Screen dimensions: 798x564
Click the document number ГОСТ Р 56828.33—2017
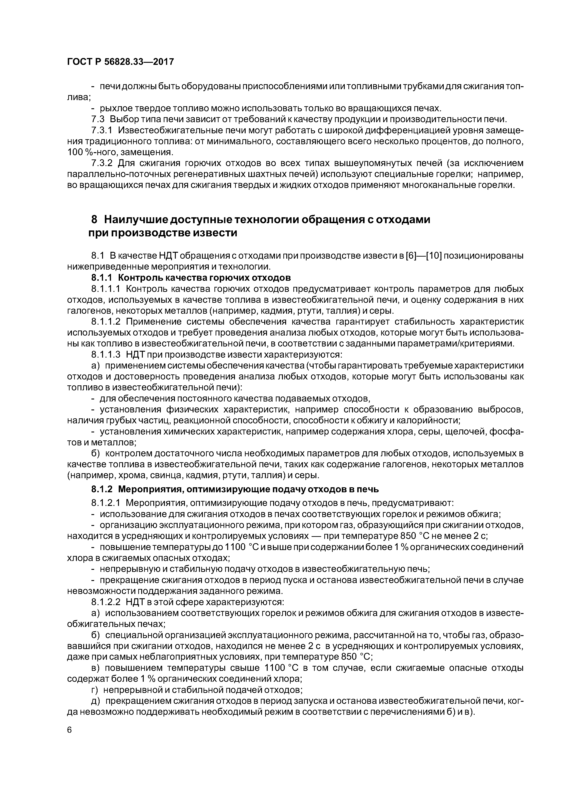tap(120, 62)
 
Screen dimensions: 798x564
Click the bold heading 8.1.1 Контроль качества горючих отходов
tap(191, 278)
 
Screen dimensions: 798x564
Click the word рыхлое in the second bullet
tap(116, 109)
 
